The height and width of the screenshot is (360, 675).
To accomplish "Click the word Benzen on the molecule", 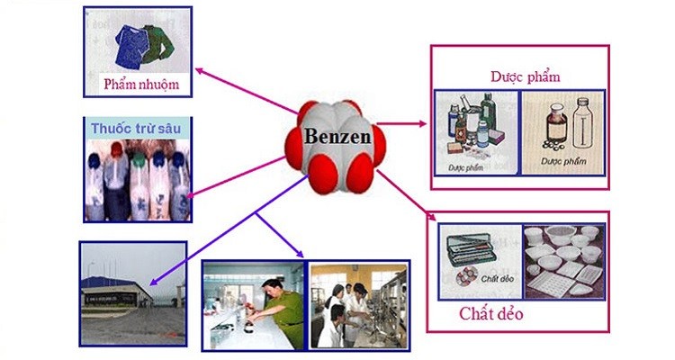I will click(x=335, y=138).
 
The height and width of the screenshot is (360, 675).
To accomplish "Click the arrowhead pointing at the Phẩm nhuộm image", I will click(x=200, y=68).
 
